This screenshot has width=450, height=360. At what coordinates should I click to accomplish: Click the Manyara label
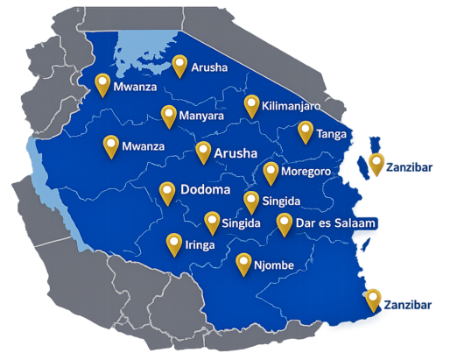coord(200,116)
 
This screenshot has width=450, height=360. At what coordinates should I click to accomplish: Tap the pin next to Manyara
coord(169,114)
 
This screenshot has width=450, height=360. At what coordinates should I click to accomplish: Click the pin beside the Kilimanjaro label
coord(252,103)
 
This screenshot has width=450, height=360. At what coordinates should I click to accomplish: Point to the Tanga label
coord(331,134)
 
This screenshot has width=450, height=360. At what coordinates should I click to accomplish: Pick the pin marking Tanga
coord(305,131)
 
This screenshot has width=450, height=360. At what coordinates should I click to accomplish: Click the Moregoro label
coord(306,172)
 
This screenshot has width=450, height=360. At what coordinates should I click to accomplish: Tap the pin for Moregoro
coord(271,171)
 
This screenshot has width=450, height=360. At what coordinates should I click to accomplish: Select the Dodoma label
coord(205,190)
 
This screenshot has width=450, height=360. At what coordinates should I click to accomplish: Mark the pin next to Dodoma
coord(167,192)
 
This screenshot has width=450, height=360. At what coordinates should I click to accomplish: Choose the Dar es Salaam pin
coord(285,222)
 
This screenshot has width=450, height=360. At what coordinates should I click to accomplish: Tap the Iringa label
coord(200,245)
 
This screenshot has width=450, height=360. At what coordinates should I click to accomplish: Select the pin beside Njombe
coord(243,263)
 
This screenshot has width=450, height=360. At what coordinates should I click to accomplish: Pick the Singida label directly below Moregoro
coord(281,201)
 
